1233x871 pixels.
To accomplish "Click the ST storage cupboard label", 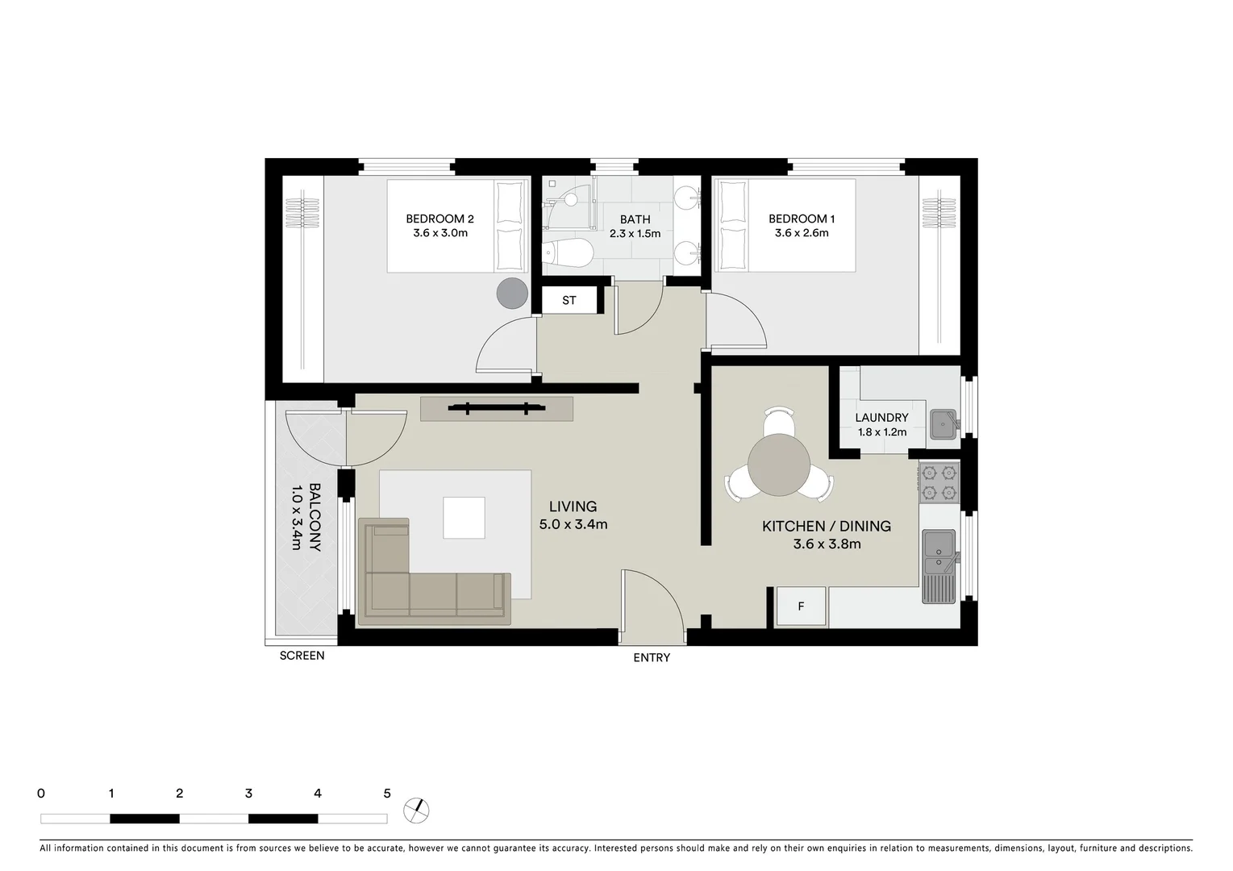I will click(x=569, y=300).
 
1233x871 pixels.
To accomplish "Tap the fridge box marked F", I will click(x=801, y=606).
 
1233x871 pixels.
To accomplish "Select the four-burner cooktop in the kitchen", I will click(x=939, y=481).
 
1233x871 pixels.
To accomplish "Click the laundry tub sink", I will click(x=943, y=423).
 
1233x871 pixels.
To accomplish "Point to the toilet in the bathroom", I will click(x=569, y=253).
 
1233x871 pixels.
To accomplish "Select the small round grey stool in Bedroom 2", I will click(x=511, y=293).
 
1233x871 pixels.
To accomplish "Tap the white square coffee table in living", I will click(x=464, y=518).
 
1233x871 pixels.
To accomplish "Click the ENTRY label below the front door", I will click(x=652, y=657).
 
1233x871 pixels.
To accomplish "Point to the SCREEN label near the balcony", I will click(x=302, y=656).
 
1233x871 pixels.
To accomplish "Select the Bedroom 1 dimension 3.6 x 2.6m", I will click(x=802, y=233).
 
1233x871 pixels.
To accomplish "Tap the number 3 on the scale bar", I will click(x=248, y=794).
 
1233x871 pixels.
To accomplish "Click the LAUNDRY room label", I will click(x=881, y=418).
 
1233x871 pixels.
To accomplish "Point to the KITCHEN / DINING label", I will click(x=827, y=526).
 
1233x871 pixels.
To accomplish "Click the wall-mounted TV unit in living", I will click(x=497, y=409).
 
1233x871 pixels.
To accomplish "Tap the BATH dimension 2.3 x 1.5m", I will click(x=635, y=234).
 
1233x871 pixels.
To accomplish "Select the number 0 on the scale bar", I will click(x=41, y=794).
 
